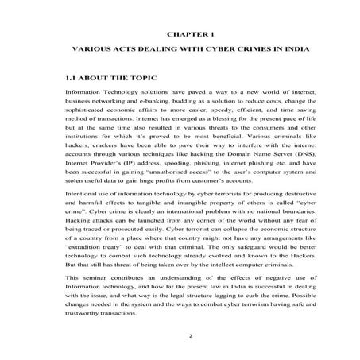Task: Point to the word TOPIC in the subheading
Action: (x=141, y=79)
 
